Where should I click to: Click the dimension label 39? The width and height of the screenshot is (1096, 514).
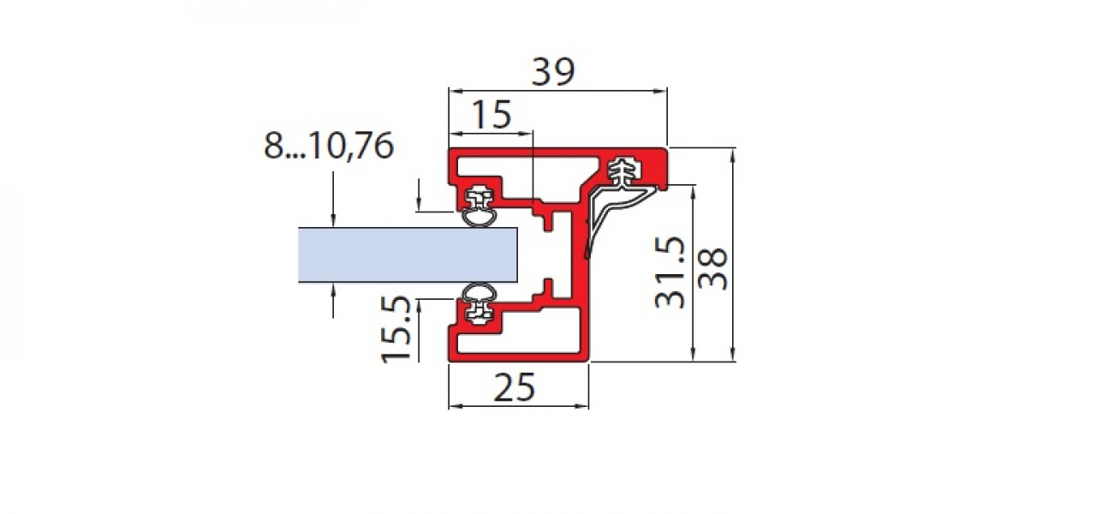553,71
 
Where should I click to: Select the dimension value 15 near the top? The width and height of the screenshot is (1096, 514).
492,115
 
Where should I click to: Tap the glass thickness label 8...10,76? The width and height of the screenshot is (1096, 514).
328,146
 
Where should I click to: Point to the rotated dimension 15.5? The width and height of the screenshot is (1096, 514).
396,329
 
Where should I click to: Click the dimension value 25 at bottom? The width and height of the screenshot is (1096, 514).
515,387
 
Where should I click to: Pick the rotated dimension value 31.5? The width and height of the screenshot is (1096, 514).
670,272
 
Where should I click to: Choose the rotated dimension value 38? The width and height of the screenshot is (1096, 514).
712,269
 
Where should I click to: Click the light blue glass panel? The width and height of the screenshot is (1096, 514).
408,254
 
